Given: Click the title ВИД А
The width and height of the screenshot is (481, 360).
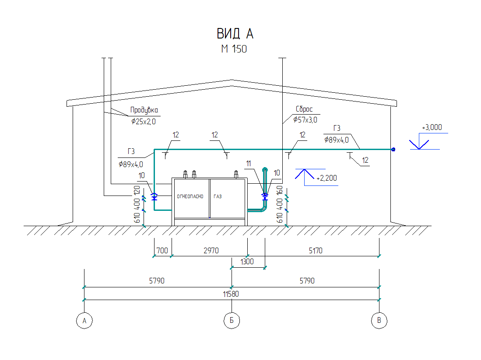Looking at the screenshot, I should [235, 34].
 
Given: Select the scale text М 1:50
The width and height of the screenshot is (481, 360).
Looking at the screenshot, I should [234, 49].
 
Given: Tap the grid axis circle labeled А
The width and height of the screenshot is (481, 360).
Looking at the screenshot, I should [84, 321].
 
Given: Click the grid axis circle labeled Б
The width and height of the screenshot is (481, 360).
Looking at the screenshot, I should [232, 321].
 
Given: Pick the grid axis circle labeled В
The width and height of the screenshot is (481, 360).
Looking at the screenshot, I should [379, 321].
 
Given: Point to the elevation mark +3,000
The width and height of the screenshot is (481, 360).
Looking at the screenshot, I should [432, 128].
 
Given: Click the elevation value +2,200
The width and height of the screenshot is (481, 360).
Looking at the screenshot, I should [327, 178].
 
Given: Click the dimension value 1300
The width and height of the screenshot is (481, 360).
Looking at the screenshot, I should [247, 262].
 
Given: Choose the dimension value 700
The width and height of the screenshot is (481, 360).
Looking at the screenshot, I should [162, 251].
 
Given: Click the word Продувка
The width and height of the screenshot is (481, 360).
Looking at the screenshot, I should [144, 110].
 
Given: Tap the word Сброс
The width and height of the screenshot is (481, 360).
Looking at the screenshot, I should [304, 109].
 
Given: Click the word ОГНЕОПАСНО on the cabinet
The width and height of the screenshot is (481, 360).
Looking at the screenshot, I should [190, 197].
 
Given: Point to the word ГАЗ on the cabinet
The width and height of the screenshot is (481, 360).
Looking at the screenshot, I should [218, 197].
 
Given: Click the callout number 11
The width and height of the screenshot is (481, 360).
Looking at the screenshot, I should [249, 163].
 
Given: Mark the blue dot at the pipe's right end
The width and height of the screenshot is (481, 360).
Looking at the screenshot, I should [393, 150].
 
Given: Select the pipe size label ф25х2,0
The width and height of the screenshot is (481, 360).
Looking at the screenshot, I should [144, 121].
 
